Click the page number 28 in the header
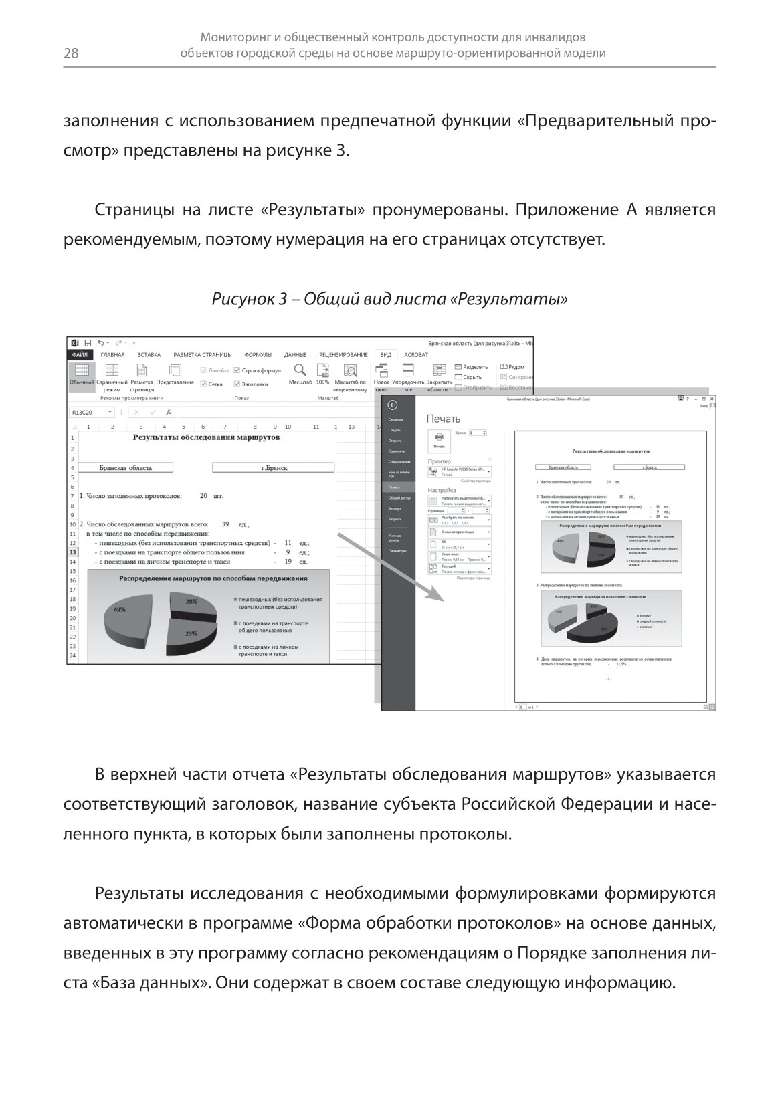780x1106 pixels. tap(71, 54)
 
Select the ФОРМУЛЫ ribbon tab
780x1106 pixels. tap(258, 355)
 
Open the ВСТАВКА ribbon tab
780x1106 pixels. tap(149, 355)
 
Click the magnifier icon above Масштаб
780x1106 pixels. tap(300, 370)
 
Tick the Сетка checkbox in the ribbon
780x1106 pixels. tap(204, 384)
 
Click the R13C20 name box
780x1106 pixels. tap(91, 413)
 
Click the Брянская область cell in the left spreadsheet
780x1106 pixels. tap(126, 468)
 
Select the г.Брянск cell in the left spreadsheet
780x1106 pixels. tap(274, 468)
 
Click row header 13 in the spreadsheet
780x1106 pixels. tap(72, 553)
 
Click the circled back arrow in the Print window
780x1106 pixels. tap(393, 405)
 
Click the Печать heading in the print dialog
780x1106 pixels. tap(444, 419)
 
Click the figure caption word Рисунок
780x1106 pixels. tap(242, 299)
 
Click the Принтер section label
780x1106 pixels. tap(440, 461)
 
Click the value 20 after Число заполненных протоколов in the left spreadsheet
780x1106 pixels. tap(203, 497)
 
